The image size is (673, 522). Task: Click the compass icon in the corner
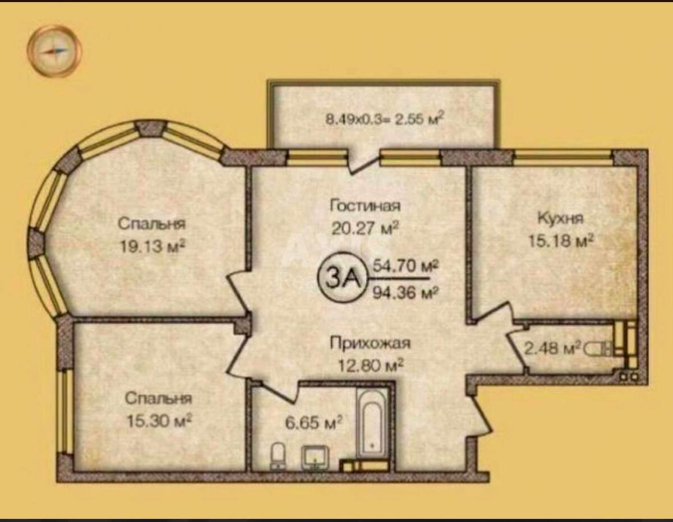click(x=54, y=51)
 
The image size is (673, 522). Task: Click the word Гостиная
click(x=365, y=206)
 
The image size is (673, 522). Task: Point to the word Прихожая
click(x=371, y=343)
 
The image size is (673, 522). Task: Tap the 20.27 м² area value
click(x=365, y=228)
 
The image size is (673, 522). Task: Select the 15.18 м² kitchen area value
click(x=561, y=241)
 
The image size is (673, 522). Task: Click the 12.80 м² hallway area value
click(x=371, y=366)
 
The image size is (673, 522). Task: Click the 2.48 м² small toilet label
click(x=552, y=349)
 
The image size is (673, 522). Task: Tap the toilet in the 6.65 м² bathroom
click(x=278, y=455)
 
